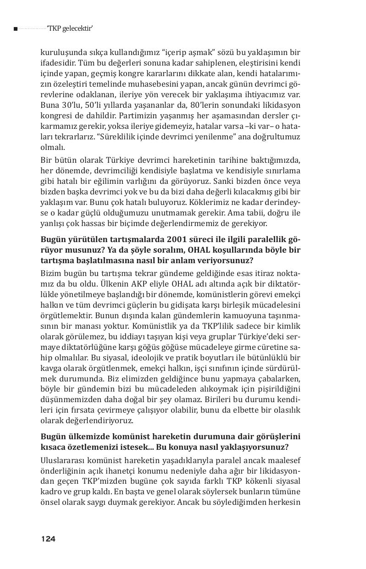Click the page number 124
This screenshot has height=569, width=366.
48,539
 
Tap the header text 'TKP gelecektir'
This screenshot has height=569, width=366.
70,29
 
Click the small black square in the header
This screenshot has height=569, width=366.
16,29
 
